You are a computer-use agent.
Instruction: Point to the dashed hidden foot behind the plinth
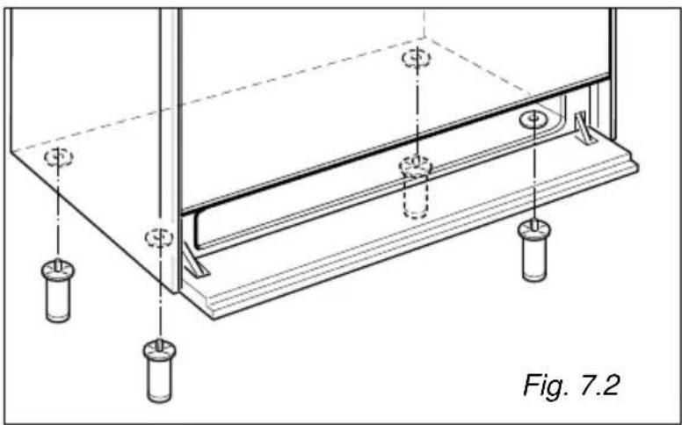[416, 187]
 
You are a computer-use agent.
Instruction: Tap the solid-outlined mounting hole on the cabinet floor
[533, 119]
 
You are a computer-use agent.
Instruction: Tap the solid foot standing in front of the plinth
[534, 251]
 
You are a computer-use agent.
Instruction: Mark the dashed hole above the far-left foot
[59, 157]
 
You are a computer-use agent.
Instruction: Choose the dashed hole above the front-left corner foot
[159, 238]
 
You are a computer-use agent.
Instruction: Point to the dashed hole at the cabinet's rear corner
[417, 58]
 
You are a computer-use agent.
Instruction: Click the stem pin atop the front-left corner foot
[160, 344]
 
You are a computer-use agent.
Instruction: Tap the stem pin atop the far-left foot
[58, 263]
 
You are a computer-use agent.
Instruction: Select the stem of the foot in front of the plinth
[534, 225]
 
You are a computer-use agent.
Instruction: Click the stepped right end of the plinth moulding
[630, 160]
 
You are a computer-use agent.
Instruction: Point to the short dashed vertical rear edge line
[424, 24]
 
